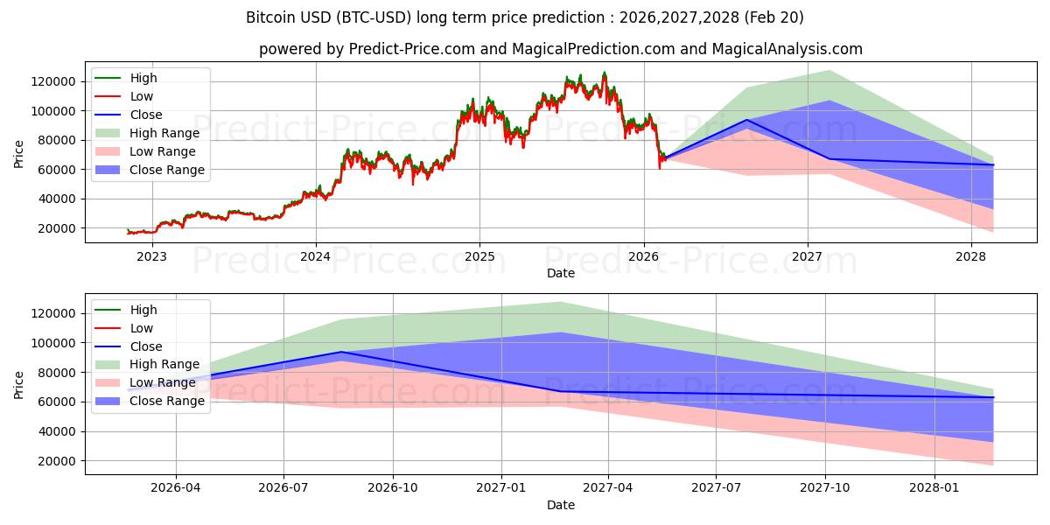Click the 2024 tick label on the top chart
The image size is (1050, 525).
315,256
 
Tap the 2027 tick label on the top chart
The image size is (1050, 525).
807,256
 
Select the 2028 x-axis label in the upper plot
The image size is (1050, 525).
970,256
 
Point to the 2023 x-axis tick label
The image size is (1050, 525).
151,256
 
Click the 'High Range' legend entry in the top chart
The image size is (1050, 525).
164,133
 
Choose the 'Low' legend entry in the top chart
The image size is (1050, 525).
141,96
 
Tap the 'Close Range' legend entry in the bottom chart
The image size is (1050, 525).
166,401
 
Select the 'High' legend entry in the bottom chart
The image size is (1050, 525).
143,310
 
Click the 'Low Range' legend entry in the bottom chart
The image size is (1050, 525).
162,382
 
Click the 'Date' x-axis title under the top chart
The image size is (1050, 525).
561,273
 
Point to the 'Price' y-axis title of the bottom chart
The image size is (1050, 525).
19,385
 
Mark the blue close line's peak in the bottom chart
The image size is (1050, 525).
340,352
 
